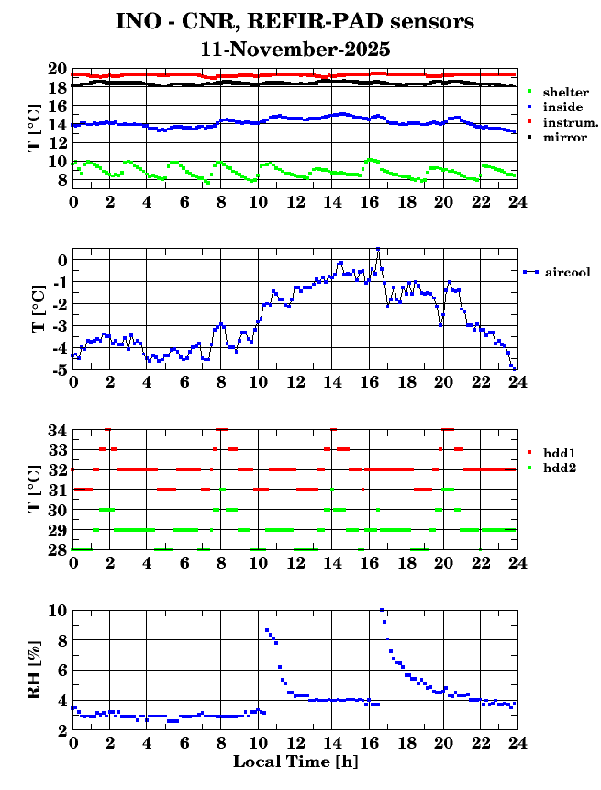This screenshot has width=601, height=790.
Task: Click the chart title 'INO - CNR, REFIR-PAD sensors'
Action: coord(295,20)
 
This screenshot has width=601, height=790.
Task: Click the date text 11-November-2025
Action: coord(295,49)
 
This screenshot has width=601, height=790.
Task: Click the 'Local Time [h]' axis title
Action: coord(294,762)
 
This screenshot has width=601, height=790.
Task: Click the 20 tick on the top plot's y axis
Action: coord(57,70)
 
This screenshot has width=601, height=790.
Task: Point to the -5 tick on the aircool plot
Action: coord(59,370)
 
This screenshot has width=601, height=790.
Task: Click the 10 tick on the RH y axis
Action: coord(57,610)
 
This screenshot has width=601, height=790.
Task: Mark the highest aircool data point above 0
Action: coord(377,249)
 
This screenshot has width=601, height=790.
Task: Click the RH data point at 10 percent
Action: coord(381,610)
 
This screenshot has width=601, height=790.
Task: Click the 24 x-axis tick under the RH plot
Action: coord(515,742)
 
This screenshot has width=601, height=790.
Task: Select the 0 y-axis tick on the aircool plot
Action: coord(62,261)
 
